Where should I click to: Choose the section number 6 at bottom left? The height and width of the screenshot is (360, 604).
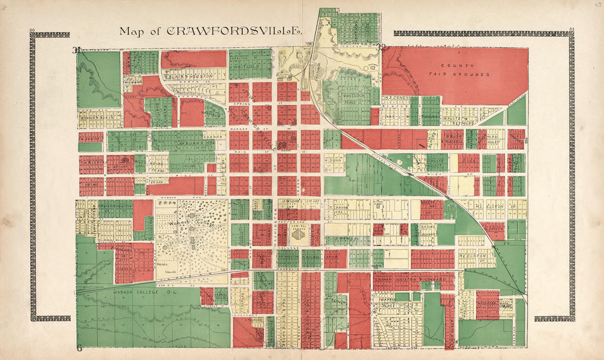[x=79, y=348]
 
